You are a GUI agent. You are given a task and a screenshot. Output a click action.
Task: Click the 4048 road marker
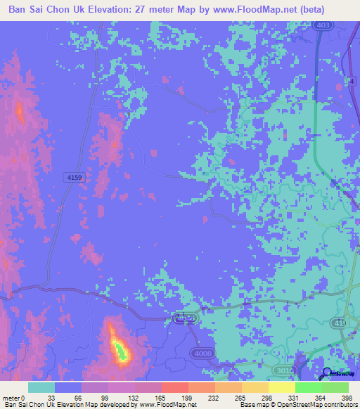click(x=184, y=319)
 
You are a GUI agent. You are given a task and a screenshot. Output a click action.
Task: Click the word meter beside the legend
click(x=11, y=398)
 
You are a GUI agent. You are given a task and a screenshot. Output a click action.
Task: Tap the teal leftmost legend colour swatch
click(x=41, y=387)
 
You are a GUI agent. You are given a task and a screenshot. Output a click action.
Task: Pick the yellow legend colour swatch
click(x=282, y=387)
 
